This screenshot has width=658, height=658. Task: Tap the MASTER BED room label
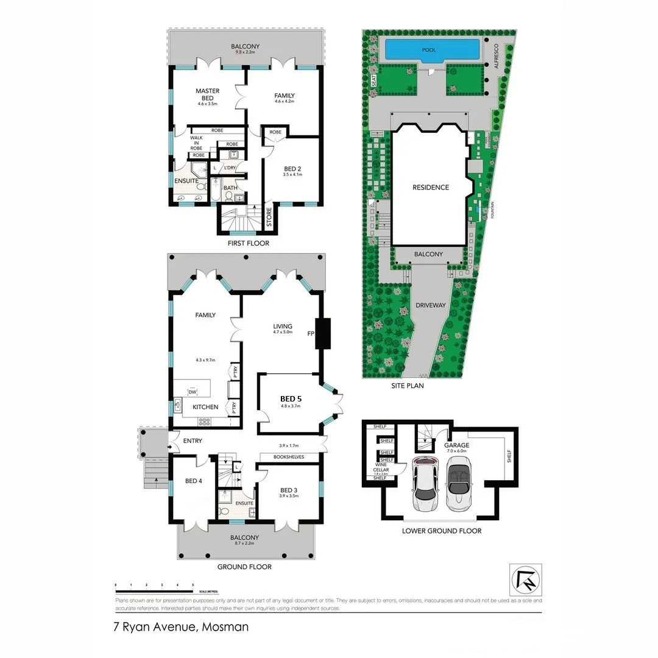coord(207,94)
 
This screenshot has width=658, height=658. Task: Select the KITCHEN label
coord(205,406)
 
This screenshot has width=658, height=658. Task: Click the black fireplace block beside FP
coord(322,333)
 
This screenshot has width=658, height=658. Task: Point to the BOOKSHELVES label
coord(289,457)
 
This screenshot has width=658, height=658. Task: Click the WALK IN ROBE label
coord(196,143)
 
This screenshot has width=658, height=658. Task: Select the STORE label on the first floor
coord(269,218)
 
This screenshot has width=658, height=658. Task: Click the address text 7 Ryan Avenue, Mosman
coord(181,626)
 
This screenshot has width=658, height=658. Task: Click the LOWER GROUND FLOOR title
coord(441,531)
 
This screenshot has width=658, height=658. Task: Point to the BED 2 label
coord(292,169)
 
